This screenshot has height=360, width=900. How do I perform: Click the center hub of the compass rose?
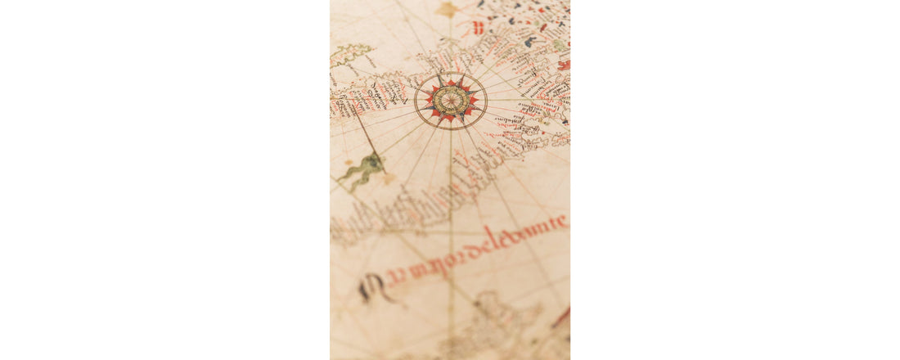click(x=450, y=101)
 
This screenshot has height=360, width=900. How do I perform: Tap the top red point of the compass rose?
click(x=450, y=83)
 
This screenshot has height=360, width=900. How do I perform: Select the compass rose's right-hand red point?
click(x=474, y=100)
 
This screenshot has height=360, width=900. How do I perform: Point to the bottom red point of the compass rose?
click(x=450, y=119)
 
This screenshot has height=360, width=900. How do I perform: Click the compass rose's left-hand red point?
click(x=426, y=101)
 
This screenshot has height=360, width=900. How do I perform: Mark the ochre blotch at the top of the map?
click(x=448, y=9)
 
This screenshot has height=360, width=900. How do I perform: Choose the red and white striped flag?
click(x=478, y=27)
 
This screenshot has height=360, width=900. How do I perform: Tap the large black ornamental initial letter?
click(x=371, y=286)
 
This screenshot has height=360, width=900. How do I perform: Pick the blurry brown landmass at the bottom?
click(x=491, y=327)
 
